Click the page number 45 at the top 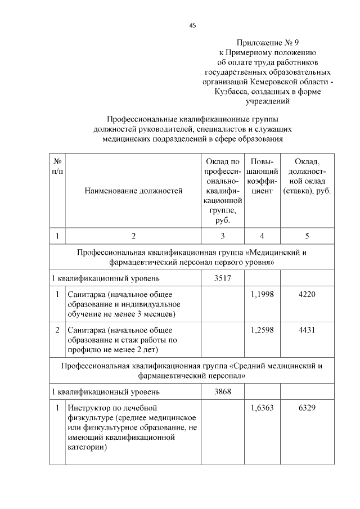pos(192,25)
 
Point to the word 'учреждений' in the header pos(267,102)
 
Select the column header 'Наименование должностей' pos(133,191)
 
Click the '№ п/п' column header pos(57,166)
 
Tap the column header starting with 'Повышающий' pos(262,176)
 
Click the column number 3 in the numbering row pos(223,236)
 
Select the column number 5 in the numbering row pos(307,236)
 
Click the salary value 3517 pos(223,278)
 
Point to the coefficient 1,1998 pos(262,294)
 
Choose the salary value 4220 pos(307,294)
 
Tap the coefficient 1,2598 pos(262,330)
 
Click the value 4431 pos(307,330)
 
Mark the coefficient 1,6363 pos(262,407)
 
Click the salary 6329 pos(307,407)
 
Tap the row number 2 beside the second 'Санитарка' pos(57,330)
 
